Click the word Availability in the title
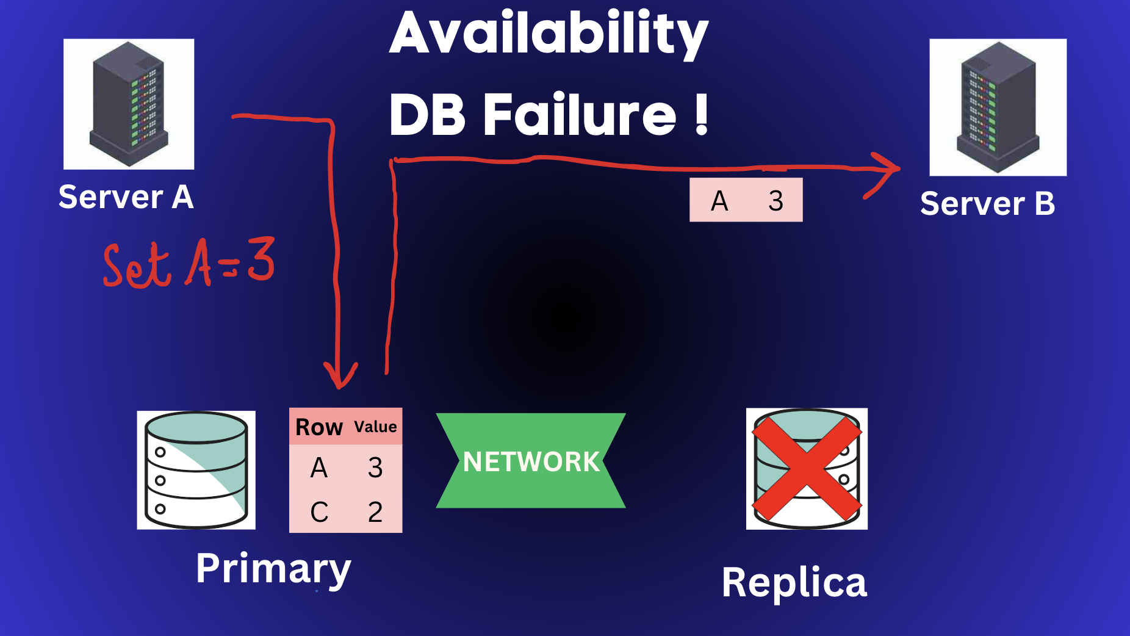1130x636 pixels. pos(549,34)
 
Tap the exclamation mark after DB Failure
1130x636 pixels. pos(702,115)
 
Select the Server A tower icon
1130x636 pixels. pos(129,104)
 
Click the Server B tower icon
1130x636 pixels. pos(998,107)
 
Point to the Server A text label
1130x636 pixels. pos(126,197)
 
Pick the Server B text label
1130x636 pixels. pos(987,204)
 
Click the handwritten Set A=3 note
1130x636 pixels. pos(189,264)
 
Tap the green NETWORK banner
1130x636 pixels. pos(531,461)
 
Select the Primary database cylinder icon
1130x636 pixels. pos(196,470)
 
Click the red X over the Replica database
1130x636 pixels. pos(807,469)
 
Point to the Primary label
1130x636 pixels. pos(273,569)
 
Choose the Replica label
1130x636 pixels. pos(794,583)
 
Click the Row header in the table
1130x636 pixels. pos(318,427)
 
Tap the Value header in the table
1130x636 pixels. pos(375,427)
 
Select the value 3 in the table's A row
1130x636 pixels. pos(375,468)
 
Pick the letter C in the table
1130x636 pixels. pos(319,512)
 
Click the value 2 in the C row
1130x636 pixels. pos(375,512)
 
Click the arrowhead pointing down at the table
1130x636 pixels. pos(340,378)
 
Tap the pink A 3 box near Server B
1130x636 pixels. pos(746,200)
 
